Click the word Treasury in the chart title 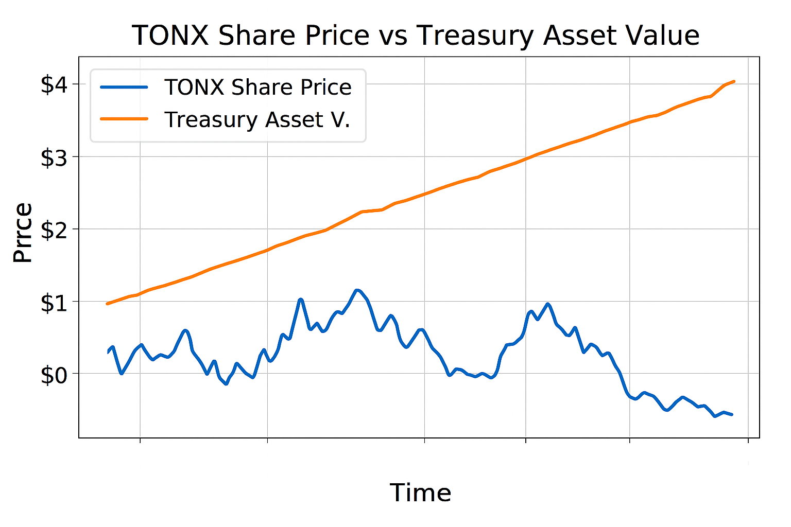pyautogui.click(x=475, y=36)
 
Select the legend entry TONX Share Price pyautogui.click(x=257, y=87)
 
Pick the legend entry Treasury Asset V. pyautogui.click(x=257, y=119)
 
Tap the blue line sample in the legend pyautogui.click(x=124, y=87)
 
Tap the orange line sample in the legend pyautogui.click(x=124, y=119)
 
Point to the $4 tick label pyautogui.click(x=54, y=85)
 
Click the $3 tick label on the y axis pyautogui.click(x=54, y=157)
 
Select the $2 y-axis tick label pyautogui.click(x=54, y=230)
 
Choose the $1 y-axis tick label pyautogui.click(x=54, y=303)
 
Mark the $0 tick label pyautogui.click(x=54, y=375)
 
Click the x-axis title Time pyautogui.click(x=420, y=493)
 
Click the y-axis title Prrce pyautogui.click(x=23, y=233)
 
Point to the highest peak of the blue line pyautogui.click(x=357, y=290)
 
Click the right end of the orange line pyautogui.click(x=734, y=81)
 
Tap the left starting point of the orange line pyautogui.click(x=107, y=304)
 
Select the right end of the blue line pyautogui.click(x=732, y=414)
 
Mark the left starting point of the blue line pyautogui.click(x=108, y=352)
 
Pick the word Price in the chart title pyautogui.click(x=337, y=36)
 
